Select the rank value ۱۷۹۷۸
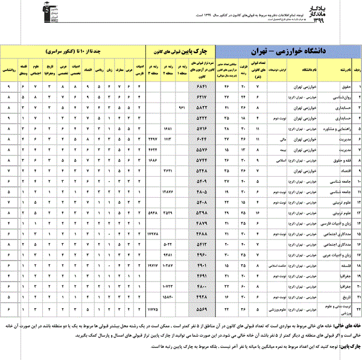[x=153, y=232]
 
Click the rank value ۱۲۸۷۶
[x=169, y=191]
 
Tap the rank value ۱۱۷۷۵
[x=153, y=308]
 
